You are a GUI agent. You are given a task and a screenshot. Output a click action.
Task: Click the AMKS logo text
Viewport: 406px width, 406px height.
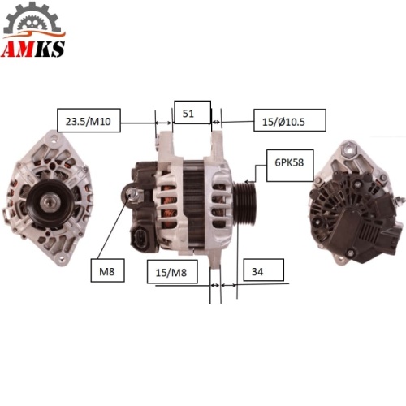[x=33, y=49]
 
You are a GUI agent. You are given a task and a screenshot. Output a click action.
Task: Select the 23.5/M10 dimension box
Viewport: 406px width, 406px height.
[x=89, y=120]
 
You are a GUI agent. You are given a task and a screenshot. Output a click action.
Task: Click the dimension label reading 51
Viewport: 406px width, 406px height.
[x=192, y=112]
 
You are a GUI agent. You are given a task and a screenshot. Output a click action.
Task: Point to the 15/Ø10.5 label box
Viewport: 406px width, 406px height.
[x=290, y=120]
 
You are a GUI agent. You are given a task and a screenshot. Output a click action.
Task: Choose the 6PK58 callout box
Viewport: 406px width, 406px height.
[x=290, y=165]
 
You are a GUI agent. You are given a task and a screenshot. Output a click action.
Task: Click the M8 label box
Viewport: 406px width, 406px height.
[x=107, y=270]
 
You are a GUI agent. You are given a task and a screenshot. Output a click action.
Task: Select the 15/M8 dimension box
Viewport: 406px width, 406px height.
[x=172, y=272]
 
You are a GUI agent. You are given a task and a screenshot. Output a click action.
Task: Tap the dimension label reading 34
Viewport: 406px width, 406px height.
[x=264, y=270]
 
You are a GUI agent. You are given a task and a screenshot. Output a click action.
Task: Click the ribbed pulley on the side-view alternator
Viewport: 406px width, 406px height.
[x=244, y=204]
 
